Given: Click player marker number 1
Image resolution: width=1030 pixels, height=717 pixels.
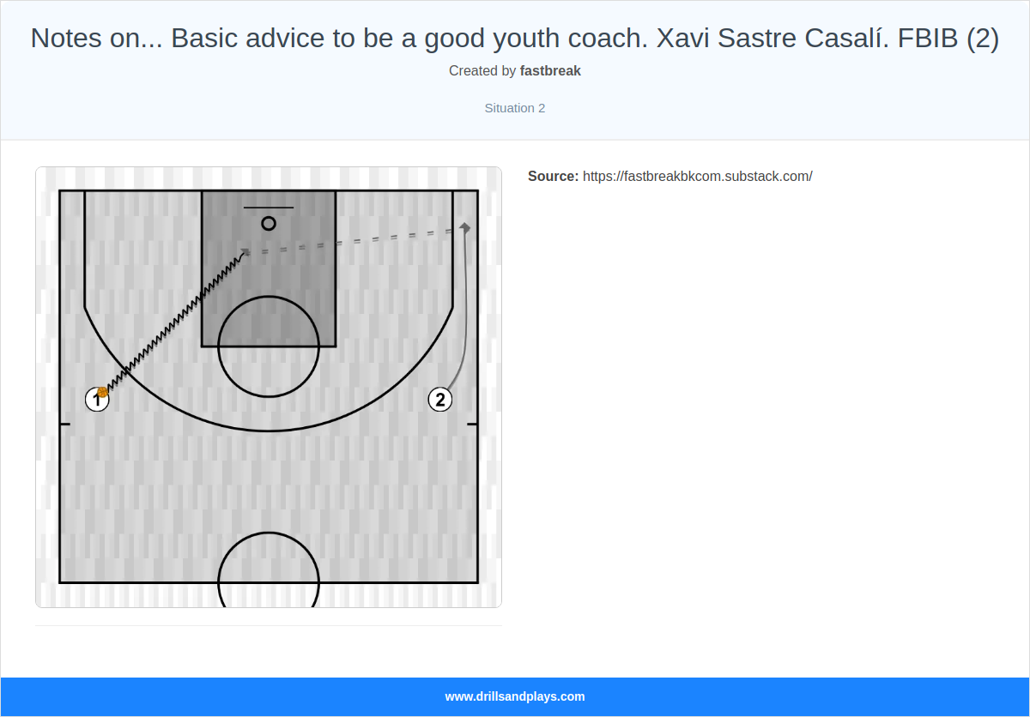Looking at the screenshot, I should pos(97,400).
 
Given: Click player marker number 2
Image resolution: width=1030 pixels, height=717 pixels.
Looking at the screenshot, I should pos(440,400).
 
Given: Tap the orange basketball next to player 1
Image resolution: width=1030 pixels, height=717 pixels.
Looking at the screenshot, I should pos(102,392).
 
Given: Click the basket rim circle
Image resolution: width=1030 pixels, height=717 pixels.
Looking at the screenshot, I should pos(269,223).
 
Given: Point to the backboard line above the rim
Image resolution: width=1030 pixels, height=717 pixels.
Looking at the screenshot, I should pos(269,208).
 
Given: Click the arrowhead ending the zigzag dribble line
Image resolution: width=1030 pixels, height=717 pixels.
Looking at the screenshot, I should pos(245,252).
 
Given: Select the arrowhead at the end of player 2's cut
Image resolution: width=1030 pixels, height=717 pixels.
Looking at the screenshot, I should pos(465,227).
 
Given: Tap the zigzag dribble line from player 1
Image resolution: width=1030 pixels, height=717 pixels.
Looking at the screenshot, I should pos(172,322).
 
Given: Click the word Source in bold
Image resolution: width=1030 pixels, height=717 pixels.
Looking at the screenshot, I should pos(553,177).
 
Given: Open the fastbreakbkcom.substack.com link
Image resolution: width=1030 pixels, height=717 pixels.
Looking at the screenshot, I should pos(697,177).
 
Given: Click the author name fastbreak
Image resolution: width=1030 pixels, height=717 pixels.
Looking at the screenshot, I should pos(550,71).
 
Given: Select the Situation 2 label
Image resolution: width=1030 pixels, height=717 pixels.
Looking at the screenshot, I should pos(515,108).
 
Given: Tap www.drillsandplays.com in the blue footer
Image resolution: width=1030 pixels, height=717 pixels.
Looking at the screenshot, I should pos(515,696).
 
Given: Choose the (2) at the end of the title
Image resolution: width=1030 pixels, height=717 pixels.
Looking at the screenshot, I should pos(983,39).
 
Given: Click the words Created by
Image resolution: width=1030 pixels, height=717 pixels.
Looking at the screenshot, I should pos(482,71).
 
